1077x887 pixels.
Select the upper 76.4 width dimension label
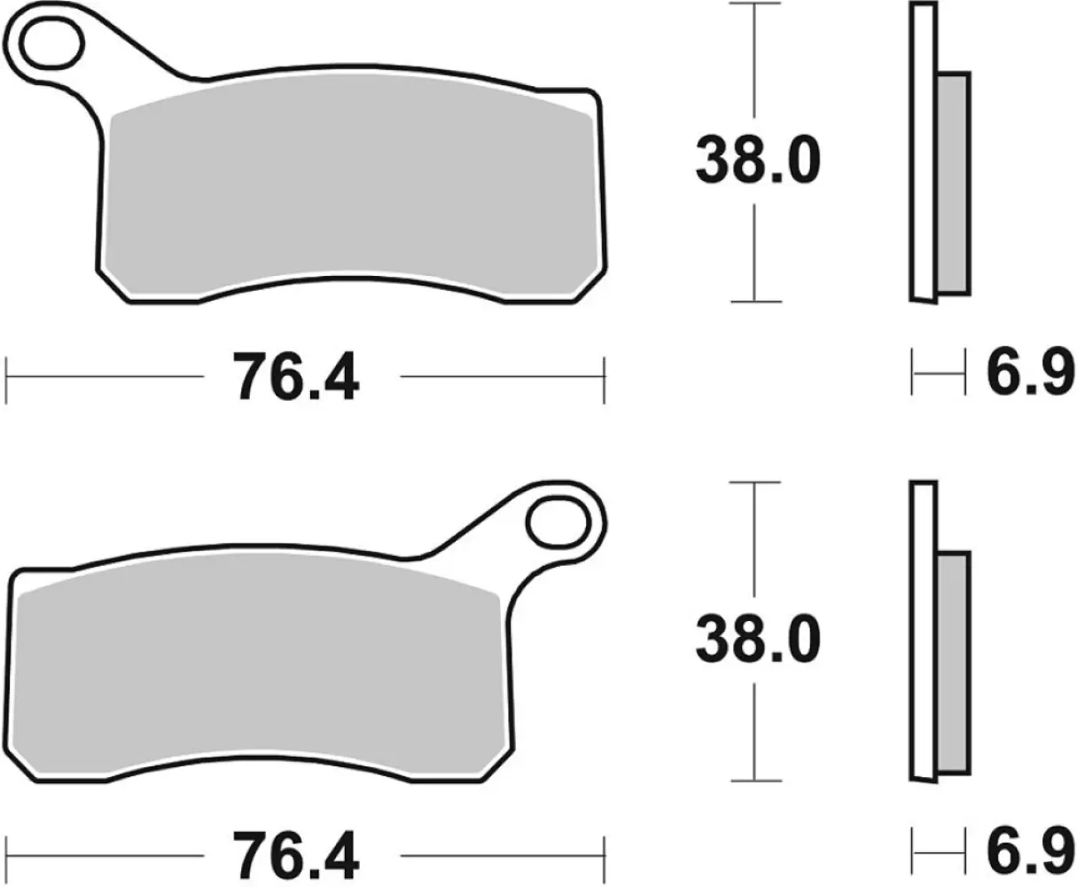click(x=295, y=379)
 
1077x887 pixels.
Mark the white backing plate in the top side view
click(x=923, y=151)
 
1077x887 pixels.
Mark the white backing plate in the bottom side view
click(x=923, y=630)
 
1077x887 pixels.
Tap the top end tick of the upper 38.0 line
click(x=754, y=4)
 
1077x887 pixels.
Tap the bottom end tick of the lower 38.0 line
click(x=754, y=781)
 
